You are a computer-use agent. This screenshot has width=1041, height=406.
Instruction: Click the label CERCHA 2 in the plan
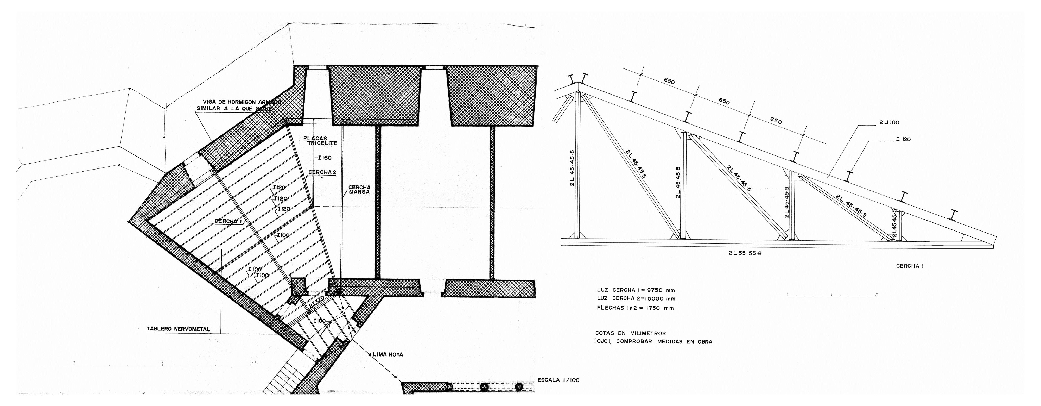[x=322, y=172]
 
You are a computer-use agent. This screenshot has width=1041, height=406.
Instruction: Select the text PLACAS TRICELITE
[x=320, y=141]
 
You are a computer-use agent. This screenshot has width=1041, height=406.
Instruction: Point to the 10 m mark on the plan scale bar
[x=251, y=361]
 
